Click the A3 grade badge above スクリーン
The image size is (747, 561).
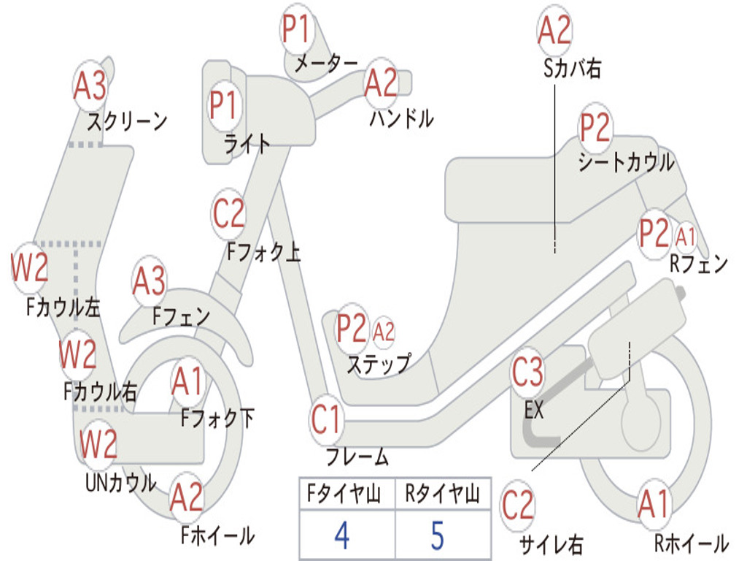pos(90,86)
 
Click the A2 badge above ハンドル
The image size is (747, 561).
pos(381,83)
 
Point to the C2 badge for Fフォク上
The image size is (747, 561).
pos(229,213)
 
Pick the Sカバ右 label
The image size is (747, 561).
pos(573,69)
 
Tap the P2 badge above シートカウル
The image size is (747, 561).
pos(595,129)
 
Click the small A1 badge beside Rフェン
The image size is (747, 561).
pos(686,236)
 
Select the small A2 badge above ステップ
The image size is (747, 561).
pos(384,331)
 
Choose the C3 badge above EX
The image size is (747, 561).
pos(527,373)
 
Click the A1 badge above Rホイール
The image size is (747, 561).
pos(653,504)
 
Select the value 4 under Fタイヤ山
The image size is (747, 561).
pos(341,535)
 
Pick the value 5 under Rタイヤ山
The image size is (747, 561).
pos(437,535)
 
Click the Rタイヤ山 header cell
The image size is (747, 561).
pos(442,495)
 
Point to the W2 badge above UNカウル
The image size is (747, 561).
pos(98,443)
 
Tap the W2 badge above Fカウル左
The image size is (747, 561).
pos(30,268)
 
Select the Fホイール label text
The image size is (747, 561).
pos(217,535)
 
